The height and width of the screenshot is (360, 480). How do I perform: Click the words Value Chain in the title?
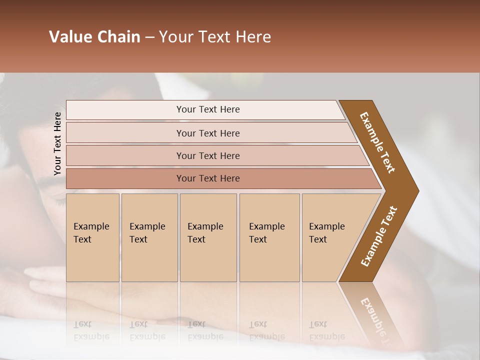(94, 37)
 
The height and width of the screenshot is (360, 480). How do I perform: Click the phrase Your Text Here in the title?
(215, 37)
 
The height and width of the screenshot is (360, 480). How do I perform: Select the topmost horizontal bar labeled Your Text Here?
(208, 109)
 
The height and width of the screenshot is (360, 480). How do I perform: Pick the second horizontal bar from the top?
(208, 133)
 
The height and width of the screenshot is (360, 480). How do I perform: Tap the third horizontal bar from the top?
(208, 155)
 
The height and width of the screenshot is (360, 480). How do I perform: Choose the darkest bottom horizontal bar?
(208, 178)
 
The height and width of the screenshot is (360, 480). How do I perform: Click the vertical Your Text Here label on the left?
(57, 143)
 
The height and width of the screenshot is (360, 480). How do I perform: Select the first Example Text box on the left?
(92, 237)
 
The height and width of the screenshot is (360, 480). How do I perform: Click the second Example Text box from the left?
(149, 237)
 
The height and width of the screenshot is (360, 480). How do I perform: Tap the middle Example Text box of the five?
(208, 237)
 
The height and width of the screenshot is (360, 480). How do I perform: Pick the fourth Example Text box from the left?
(269, 237)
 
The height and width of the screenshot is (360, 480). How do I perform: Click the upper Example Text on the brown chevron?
(378, 142)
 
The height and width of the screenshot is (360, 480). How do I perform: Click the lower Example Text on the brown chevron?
(379, 236)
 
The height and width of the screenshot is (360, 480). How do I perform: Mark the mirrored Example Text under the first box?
(91, 330)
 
